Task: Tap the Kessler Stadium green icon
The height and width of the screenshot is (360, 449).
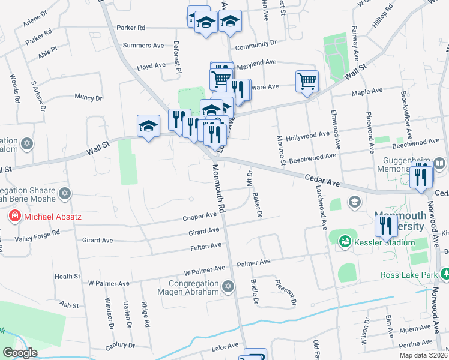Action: click(345, 242)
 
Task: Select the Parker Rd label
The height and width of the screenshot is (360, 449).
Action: click(131, 28)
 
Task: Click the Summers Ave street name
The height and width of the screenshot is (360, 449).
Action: click(143, 45)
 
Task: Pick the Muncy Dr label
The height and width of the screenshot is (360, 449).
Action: click(88, 97)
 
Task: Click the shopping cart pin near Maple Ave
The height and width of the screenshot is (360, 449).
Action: click(307, 80)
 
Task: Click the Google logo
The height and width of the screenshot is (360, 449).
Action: click(20, 353)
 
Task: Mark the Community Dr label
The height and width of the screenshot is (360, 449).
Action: click(256, 43)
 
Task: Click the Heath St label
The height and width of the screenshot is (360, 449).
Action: click(67, 277)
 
